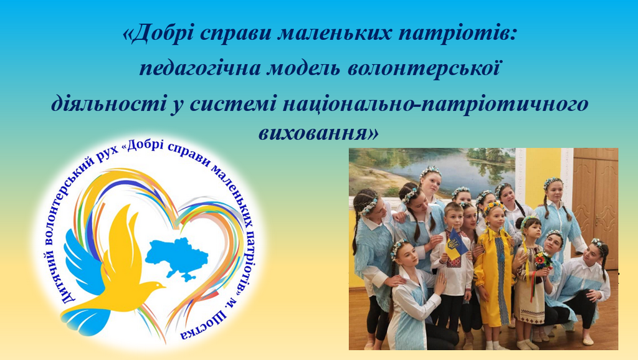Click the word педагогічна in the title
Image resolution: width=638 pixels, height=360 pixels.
(200, 69)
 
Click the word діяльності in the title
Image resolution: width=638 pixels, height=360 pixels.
(107, 103)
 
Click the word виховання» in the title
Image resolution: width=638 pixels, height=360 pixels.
(318, 133)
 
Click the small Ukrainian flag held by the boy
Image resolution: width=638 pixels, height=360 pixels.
(455, 245)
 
